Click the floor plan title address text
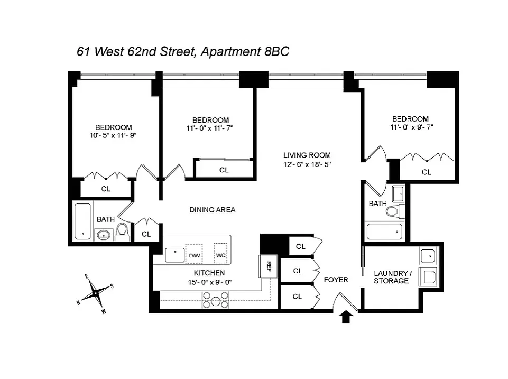[x=183, y=52]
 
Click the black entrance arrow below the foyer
[x=346, y=317]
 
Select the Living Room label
[x=307, y=155]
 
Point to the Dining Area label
[x=212, y=210]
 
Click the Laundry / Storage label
[x=391, y=277]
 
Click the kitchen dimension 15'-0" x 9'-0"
[x=209, y=282]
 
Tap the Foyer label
[x=336, y=279]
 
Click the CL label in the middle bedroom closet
[x=224, y=170]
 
